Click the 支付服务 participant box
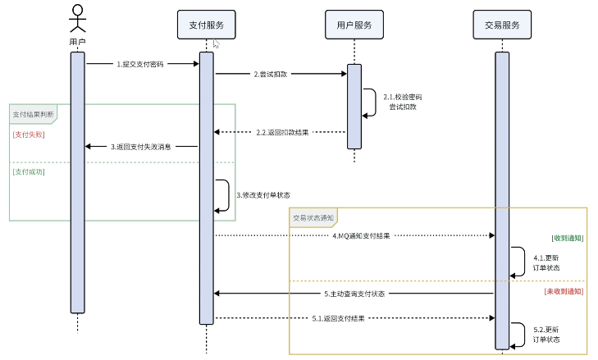point(206,25)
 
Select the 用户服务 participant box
point(354,25)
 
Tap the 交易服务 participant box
point(501,25)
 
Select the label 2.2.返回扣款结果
point(282,132)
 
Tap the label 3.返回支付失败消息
point(141,147)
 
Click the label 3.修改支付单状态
point(262,195)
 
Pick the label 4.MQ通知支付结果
point(361,235)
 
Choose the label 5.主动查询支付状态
point(354,293)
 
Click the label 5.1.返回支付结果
point(338,317)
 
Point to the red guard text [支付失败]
point(29,134)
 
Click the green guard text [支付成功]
point(29,172)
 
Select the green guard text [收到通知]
point(567,238)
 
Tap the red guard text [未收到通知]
point(564,291)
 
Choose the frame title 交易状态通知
point(313,217)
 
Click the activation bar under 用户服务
point(354,107)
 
